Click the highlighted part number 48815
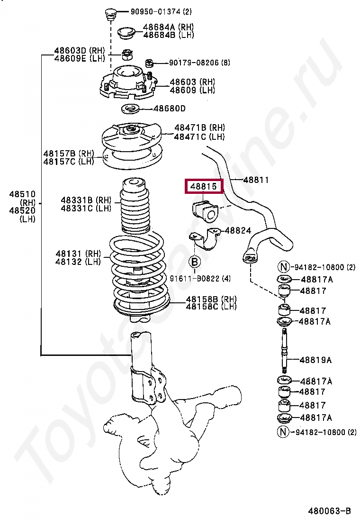tap(203, 187)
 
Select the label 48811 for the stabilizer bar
tap(256, 180)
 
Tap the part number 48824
tap(238, 230)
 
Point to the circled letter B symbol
tap(195, 262)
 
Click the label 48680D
tap(169, 109)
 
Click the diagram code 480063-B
tap(329, 510)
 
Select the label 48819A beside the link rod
tap(316, 360)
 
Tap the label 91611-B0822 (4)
tap(201, 279)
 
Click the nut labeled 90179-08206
tap(149, 62)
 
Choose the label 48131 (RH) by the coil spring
tap(78, 254)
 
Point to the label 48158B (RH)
tap(211, 299)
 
